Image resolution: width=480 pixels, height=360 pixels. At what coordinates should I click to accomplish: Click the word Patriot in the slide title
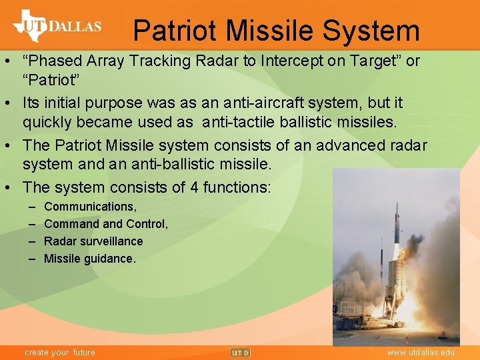[175, 31]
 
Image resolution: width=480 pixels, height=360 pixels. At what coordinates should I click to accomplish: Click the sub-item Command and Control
[105, 224]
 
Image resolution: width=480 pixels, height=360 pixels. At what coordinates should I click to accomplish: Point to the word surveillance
[109, 241]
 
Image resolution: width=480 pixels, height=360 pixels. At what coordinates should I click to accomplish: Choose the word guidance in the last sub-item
[107, 259]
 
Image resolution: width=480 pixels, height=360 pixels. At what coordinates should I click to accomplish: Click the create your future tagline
[60, 352]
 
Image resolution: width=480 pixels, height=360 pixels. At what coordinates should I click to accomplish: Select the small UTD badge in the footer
[240, 352]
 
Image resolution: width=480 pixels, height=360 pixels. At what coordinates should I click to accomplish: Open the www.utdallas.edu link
[421, 352]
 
